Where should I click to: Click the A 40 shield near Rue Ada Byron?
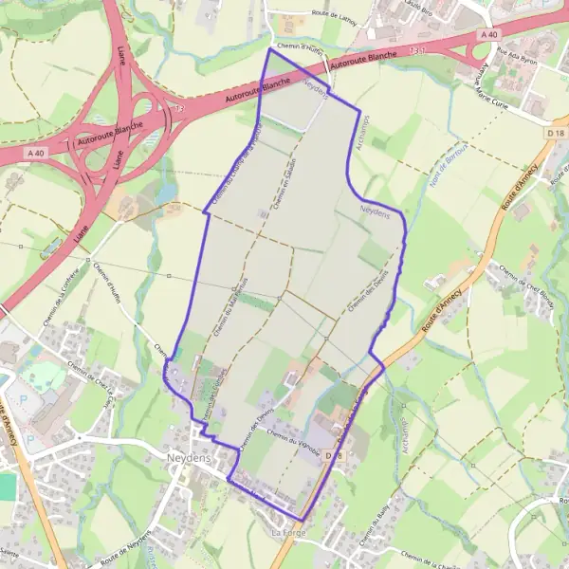tap(488, 35)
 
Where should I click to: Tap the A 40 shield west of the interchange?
tap(36, 153)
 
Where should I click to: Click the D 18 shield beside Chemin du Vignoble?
tap(331, 456)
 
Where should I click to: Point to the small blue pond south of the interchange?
tap(168, 193)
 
